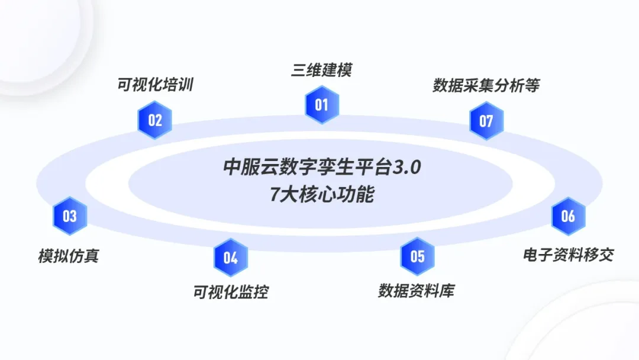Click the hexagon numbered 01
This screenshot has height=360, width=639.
(x=321, y=105)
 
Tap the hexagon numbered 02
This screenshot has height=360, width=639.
(x=155, y=121)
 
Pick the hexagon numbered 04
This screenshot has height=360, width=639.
(x=230, y=258)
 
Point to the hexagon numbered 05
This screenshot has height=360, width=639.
(x=417, y=256)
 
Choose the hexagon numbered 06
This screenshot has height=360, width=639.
(x=568, y=216)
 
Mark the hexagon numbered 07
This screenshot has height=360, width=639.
(x=486, y=121)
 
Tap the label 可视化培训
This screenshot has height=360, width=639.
(x=155, y=85)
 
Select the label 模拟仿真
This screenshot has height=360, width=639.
(x=69, y=256)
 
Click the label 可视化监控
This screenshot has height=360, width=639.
(x=230, y=292)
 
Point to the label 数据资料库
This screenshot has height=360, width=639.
(x=417, y=291)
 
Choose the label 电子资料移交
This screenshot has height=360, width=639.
(x=568, y=255)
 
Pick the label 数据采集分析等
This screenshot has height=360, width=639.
(x=486, y=86)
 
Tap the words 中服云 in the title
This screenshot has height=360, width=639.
(x=248, y=168)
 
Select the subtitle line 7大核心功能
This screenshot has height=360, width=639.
(x=322, y=194)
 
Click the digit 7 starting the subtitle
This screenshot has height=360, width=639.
(x=275, y=195)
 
